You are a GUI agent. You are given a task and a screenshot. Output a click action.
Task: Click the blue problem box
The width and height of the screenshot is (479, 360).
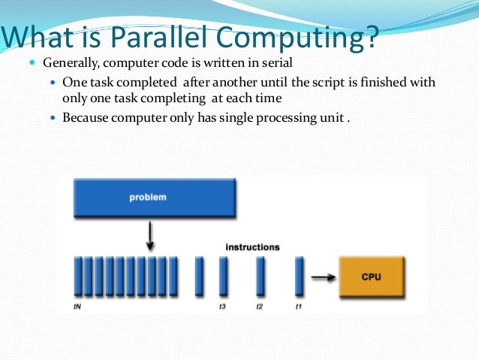pos(155,198)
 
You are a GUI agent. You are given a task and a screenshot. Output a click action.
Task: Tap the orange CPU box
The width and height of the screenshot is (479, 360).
pos(371,277)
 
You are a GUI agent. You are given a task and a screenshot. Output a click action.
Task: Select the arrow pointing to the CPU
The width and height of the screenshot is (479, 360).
pos(322,277)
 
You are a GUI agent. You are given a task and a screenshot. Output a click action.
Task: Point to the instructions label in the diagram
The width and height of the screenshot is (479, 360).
pos(253,247)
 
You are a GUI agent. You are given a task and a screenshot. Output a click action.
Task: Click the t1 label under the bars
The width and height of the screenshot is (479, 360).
pos(298,307)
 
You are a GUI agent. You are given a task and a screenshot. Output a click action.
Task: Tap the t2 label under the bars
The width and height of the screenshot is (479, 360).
pos(260,307)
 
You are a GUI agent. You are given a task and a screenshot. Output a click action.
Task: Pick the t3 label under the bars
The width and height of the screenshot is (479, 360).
pos(222,307)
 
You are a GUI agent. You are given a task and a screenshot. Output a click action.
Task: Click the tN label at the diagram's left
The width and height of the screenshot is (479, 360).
pos(77,307)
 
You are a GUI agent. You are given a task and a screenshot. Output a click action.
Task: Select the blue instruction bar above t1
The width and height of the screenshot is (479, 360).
pos(299,277)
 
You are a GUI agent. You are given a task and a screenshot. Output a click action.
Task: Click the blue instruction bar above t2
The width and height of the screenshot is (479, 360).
pos(261,277)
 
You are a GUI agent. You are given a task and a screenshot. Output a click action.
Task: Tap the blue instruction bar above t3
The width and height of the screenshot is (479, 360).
pos(223,277)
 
